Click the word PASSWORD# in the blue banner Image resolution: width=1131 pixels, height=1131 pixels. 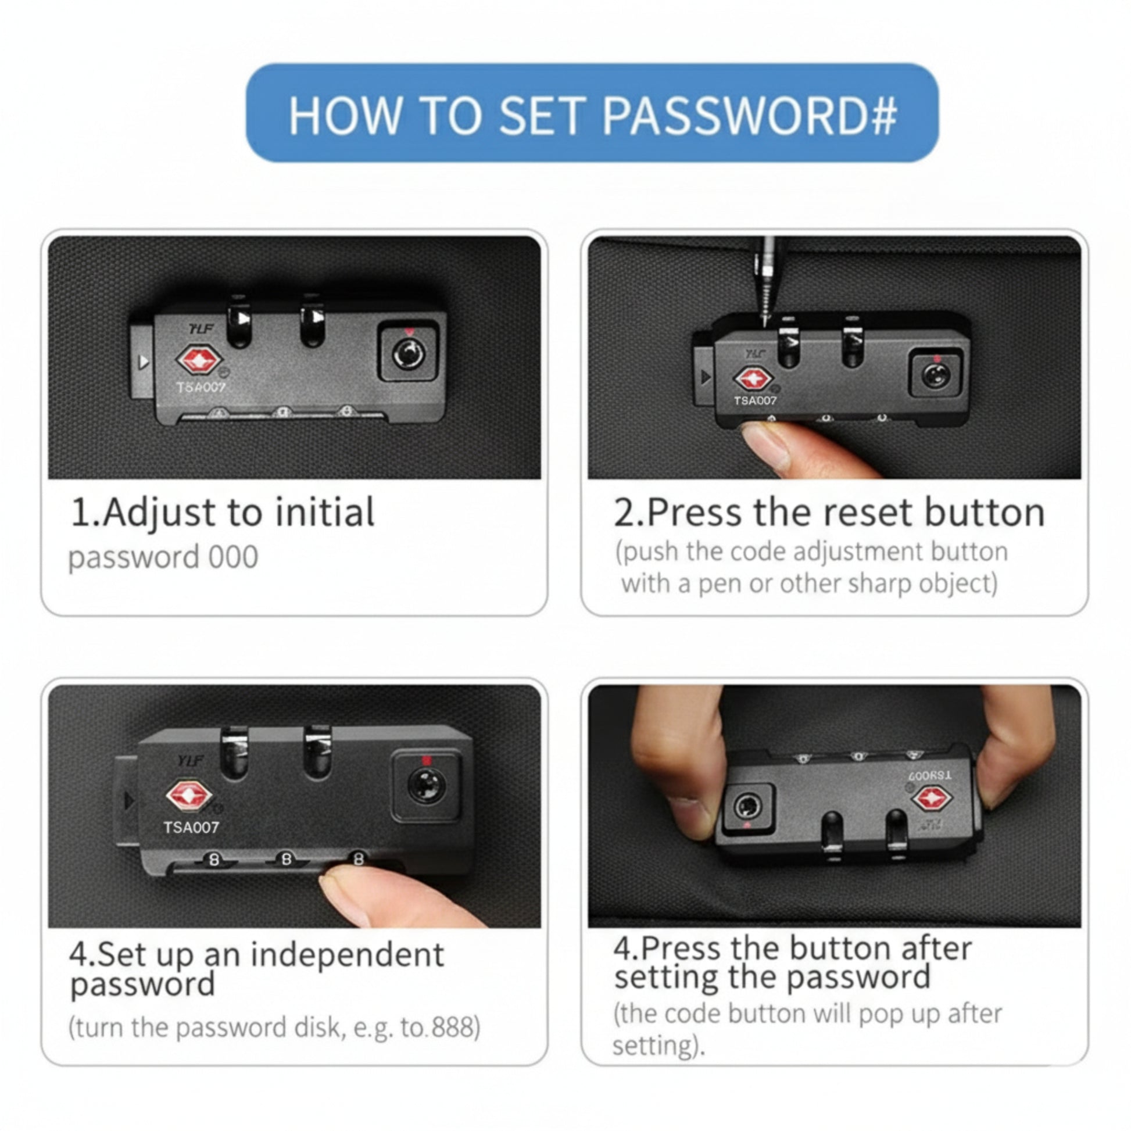(x=750, y=114)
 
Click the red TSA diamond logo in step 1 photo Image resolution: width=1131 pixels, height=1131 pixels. (x=199, y=359)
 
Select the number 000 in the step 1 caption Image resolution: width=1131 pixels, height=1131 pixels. (x=234, y=557)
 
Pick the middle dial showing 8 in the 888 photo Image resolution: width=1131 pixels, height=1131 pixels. (x=287, y=860)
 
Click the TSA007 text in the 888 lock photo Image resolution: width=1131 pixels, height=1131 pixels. (x=191, y=827)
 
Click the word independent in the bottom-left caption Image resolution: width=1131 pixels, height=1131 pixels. (x=347, y=955)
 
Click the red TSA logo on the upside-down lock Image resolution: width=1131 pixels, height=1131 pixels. (x=933, y=800)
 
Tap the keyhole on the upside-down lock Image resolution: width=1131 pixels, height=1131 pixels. (x=748, y=807)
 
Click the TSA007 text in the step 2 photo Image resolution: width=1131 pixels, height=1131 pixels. (x=755, y=400)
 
